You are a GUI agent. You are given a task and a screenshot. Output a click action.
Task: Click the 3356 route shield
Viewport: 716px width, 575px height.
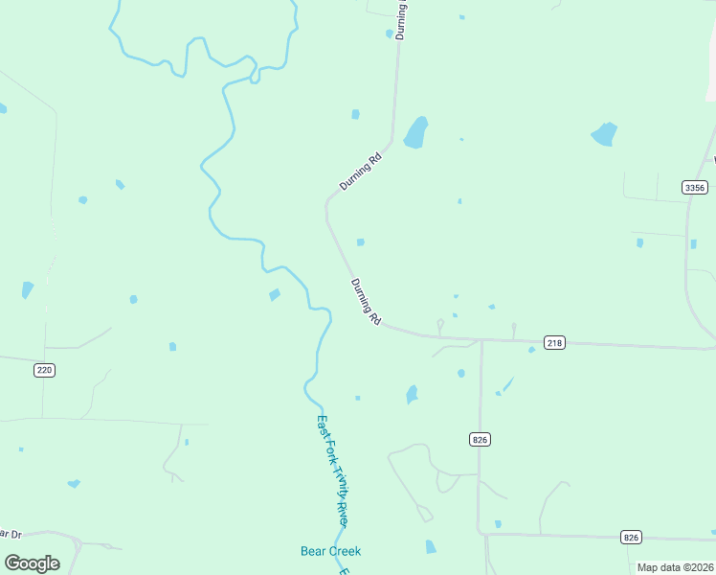[695, 187]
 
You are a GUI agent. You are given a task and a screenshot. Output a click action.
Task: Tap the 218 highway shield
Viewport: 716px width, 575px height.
[554, 342]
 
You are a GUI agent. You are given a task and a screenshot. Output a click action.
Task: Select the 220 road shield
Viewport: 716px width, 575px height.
[43, 370]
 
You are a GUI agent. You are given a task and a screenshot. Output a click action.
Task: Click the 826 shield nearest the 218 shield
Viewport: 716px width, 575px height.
[481, 439]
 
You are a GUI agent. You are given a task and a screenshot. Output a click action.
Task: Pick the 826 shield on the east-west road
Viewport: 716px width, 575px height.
[630, 537]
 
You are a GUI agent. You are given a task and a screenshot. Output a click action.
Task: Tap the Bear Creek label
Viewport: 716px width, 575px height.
[330, 551]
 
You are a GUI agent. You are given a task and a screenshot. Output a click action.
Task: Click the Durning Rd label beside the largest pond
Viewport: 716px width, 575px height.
[361, 172]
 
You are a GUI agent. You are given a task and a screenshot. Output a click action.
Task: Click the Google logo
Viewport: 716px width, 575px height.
[32, 563]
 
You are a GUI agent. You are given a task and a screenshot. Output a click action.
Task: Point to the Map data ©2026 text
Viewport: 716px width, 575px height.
[675, 567]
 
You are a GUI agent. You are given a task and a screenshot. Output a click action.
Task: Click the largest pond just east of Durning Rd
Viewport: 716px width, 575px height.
[415, 132]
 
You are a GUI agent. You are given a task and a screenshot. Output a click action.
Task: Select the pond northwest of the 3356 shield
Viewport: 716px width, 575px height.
[604, 134]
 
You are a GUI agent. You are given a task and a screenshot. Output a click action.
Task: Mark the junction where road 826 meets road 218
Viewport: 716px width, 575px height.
[481, 340]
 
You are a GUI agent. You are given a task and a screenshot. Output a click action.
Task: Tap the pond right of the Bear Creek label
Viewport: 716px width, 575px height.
[430, 547]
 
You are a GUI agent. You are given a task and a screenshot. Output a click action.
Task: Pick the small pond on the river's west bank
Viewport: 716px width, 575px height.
[275, 295]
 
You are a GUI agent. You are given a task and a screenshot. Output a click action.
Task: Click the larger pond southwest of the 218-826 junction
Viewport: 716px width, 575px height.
[412, 394]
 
